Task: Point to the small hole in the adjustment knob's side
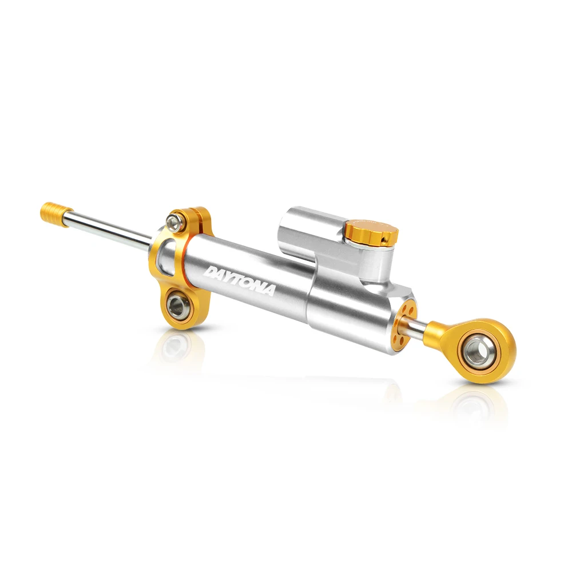point(383,240)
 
